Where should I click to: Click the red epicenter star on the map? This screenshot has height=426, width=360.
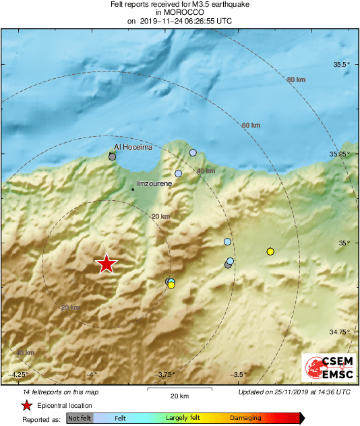107,264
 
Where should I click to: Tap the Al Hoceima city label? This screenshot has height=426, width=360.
133,146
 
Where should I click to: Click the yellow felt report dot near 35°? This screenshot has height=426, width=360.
270,251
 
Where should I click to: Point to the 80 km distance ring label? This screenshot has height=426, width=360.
296,80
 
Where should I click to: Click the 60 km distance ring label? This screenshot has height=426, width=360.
250,125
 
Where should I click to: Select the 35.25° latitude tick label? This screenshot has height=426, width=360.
341,154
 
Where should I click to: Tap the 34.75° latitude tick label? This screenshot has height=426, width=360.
341,332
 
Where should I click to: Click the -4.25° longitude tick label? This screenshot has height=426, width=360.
19,375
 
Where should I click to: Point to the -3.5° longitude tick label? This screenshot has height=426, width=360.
237,375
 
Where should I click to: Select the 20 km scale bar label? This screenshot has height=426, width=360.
179,396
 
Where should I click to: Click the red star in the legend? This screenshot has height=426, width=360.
26,405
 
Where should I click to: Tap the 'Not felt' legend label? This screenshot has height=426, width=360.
80,419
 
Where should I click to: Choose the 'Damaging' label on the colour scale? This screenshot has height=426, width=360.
245,419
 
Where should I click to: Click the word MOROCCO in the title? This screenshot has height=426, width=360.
179,12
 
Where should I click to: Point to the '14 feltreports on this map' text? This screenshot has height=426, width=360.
61,392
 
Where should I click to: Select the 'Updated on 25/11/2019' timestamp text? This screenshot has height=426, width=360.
294,392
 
